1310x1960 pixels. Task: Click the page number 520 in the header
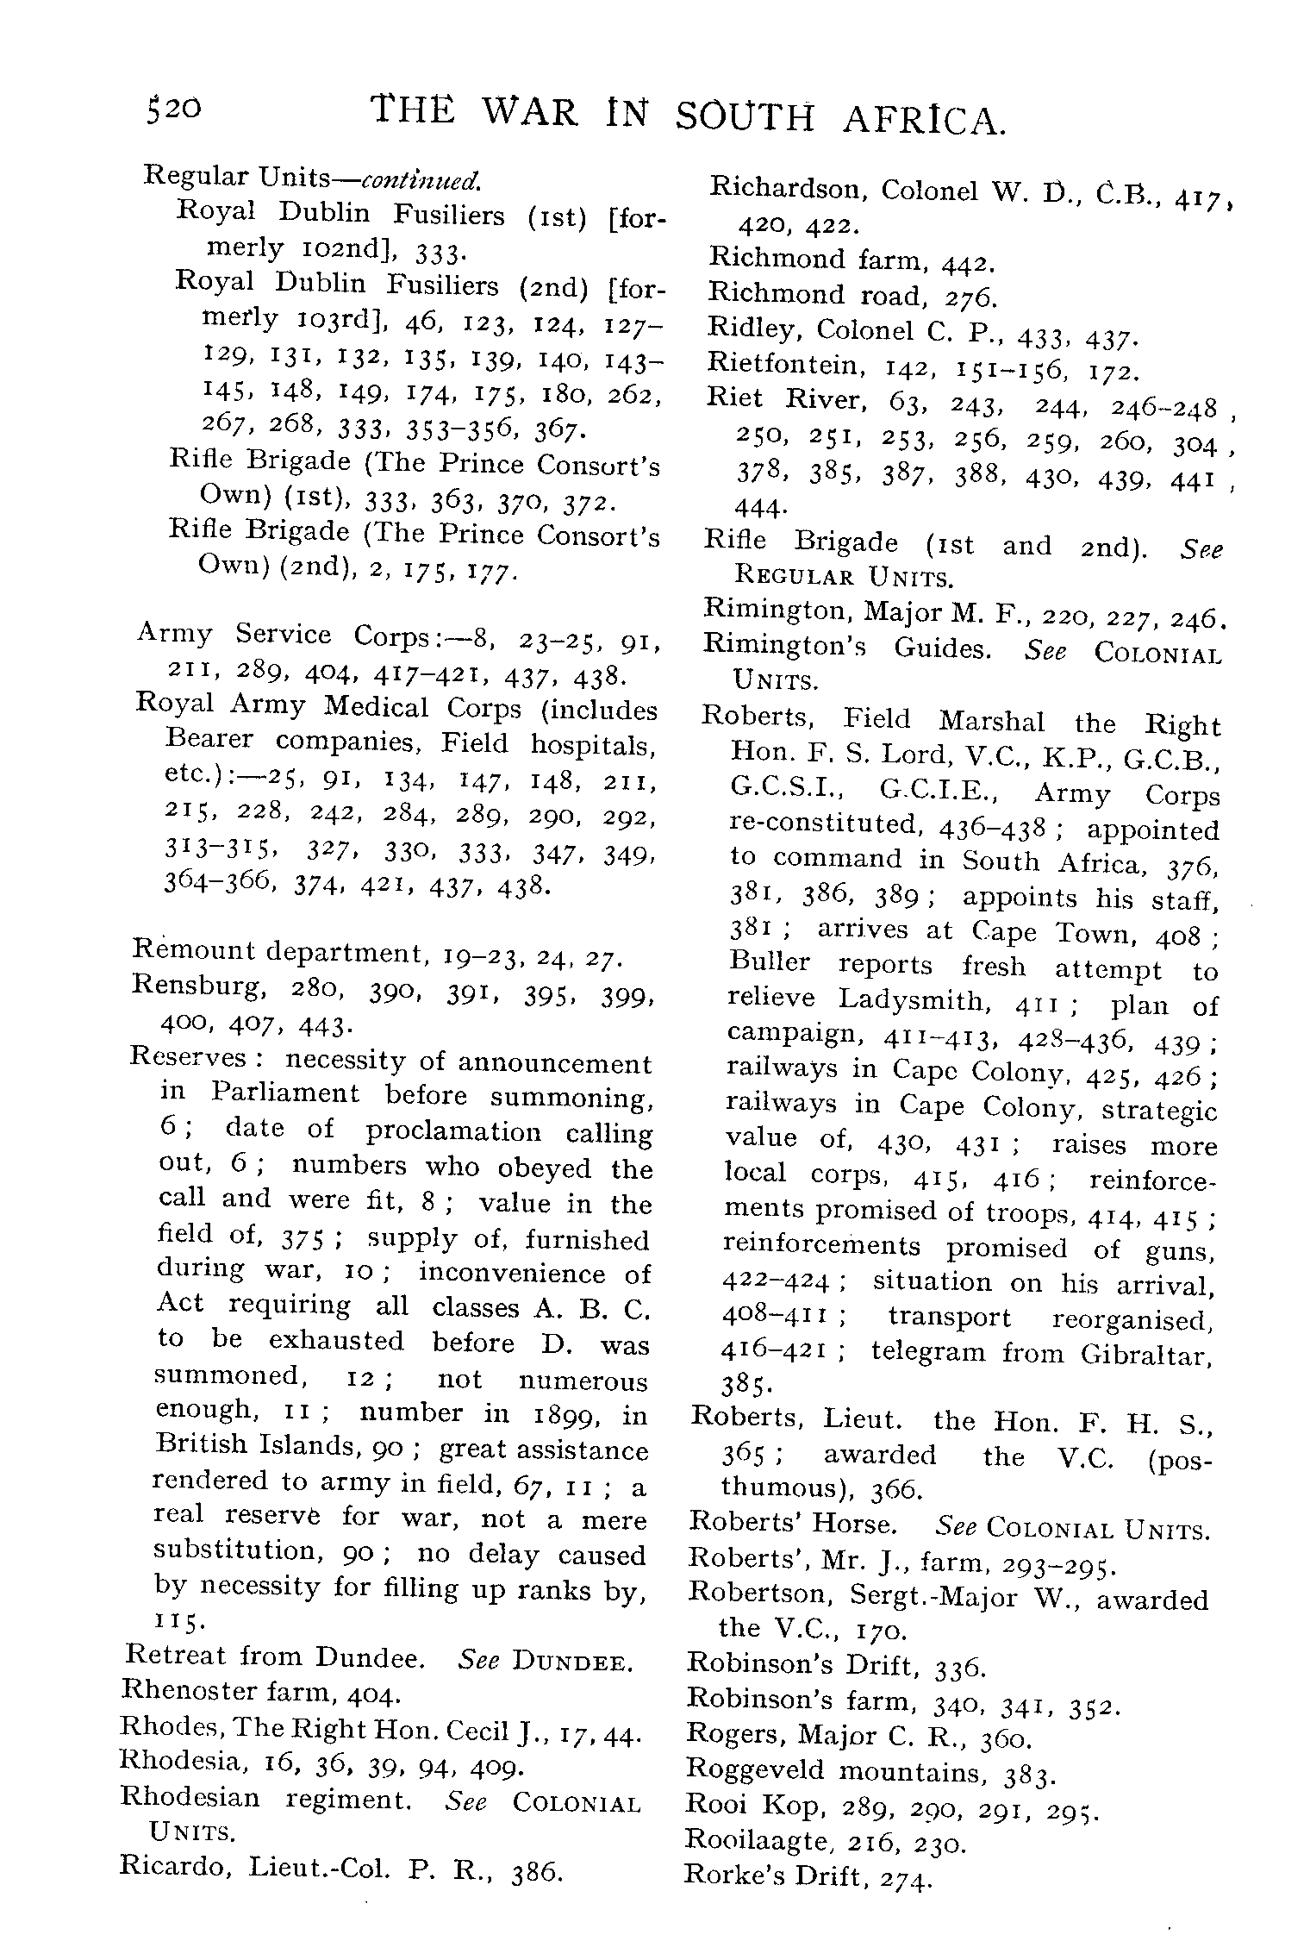[174, 110]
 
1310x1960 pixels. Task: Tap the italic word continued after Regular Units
[421, 179]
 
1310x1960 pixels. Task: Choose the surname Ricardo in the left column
[176, 1867]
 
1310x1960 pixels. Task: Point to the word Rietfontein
[785, 365]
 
